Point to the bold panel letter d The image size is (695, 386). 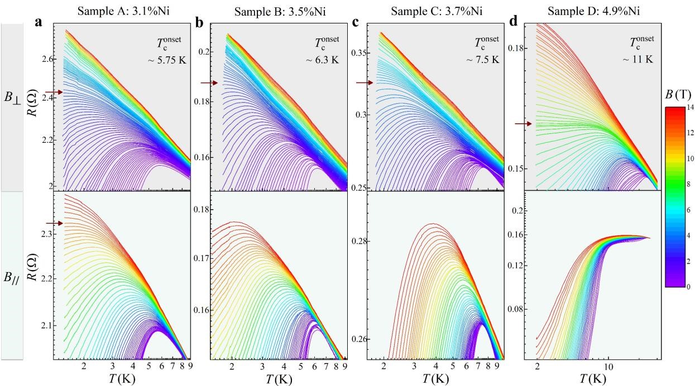pyautogui.click(x=514, y=23)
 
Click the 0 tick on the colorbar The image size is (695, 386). pyautogui.click(x=690, y=286)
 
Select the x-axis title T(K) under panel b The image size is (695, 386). pyautogui.click(x=277, y=379)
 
